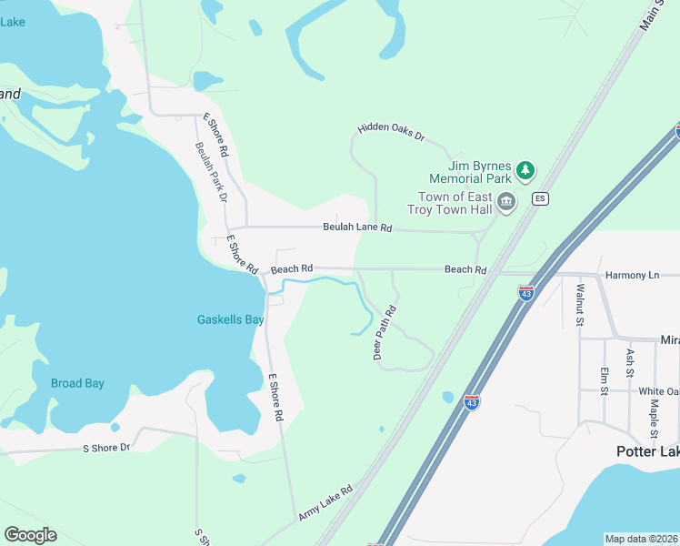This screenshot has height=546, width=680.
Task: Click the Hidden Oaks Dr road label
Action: pos(391,132)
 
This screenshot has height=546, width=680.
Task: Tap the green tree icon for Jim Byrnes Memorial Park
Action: pos(525,169)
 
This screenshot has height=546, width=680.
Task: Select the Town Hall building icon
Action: pos(506,202)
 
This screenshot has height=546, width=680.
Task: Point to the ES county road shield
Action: pos(540,198)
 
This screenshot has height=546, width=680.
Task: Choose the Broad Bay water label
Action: pos(77,383)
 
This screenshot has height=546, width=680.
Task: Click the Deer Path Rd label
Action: pos(385,333)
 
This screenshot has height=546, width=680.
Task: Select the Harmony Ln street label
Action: pos(632,275)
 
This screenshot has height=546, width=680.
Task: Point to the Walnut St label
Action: pos(579,304)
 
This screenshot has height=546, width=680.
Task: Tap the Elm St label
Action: pos(604,380)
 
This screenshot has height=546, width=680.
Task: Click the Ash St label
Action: pos(629,362)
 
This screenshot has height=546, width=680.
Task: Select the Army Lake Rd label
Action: pos(325,509)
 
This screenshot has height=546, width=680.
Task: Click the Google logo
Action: pos(30,535)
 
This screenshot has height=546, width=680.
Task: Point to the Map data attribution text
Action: pos(642,539)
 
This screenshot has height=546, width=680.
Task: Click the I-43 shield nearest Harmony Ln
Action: pos(525,293)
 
